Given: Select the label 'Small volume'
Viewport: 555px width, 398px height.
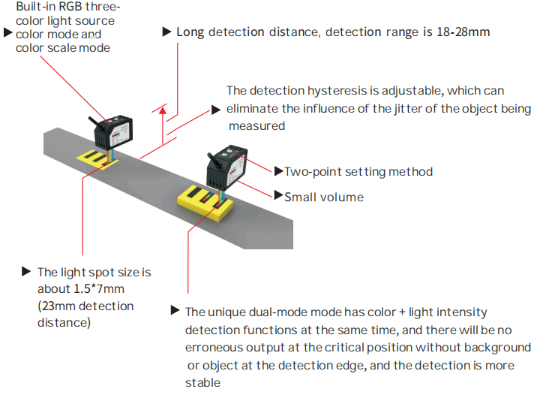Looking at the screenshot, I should (x=324, y=197).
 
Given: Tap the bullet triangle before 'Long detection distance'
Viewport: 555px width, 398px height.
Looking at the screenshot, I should (x=166, y=32).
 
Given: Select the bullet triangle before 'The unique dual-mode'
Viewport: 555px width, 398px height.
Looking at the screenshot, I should (x=175, y=310).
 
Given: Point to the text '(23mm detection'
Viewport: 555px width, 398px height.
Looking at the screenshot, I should (x=85, y=306).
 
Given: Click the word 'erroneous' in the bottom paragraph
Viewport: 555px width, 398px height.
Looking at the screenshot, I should (x=211, y=348).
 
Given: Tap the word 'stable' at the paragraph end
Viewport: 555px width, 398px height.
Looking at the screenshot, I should (x=202, y=382).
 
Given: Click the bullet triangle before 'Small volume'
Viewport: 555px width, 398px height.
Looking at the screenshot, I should (x=278, y=197).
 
